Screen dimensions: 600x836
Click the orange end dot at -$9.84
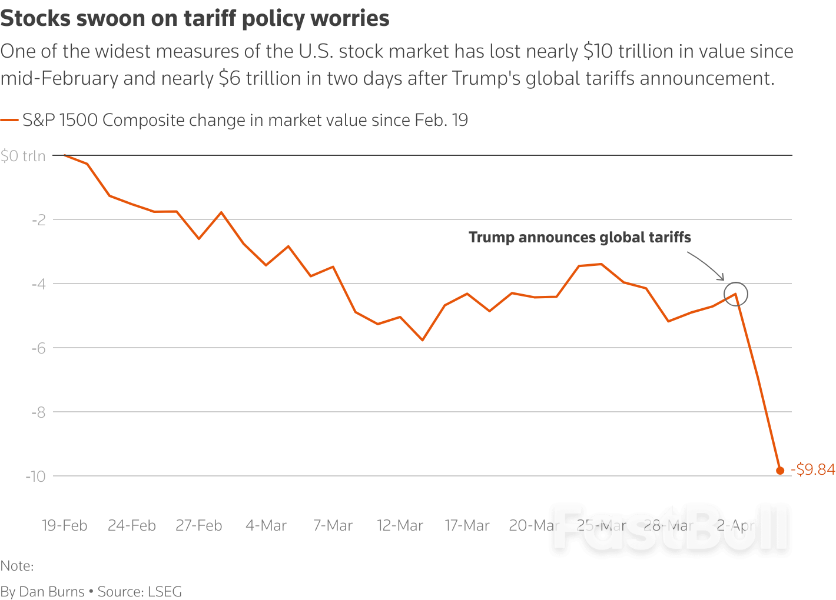point(780,471)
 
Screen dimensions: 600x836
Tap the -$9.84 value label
point(813,469)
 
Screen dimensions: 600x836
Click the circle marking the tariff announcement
point(736,294)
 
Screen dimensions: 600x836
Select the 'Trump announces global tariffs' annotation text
point(579,238)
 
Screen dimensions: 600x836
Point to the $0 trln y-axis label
point(23,156)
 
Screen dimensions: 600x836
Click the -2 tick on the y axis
point(39,220)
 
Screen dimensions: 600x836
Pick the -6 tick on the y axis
point(39,348)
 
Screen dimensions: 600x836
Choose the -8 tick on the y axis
point(39,412)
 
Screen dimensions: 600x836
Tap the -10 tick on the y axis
point(36,476)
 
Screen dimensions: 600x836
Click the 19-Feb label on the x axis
point(64,525)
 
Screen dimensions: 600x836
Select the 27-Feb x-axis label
point(199,525)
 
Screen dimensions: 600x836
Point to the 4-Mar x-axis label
point(266,525)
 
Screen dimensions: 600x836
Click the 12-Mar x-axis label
point(400,525)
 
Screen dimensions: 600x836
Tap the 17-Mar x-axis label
point(467,525)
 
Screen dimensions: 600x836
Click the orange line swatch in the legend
point(9,121)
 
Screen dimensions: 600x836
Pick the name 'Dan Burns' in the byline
point(52,592)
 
